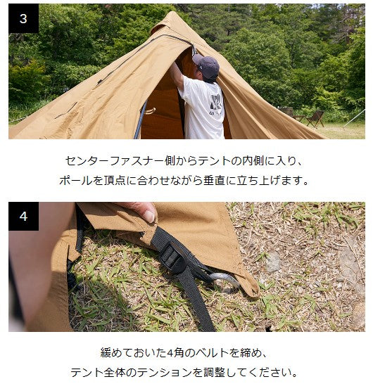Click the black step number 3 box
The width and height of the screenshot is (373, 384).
(23, 18)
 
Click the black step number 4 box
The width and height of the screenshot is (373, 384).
(23, 216)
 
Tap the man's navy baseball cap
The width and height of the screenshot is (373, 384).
(206, 65)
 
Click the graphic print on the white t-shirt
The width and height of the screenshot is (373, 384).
(216, 105)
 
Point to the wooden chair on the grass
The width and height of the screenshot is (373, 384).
(315, 119)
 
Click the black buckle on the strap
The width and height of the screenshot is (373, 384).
(172, 256)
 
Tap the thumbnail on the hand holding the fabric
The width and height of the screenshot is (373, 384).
(149, 216)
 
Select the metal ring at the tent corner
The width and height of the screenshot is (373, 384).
(225, 281)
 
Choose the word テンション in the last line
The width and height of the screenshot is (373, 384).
(164, 373)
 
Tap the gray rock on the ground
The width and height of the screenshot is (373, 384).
(272, 262)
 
